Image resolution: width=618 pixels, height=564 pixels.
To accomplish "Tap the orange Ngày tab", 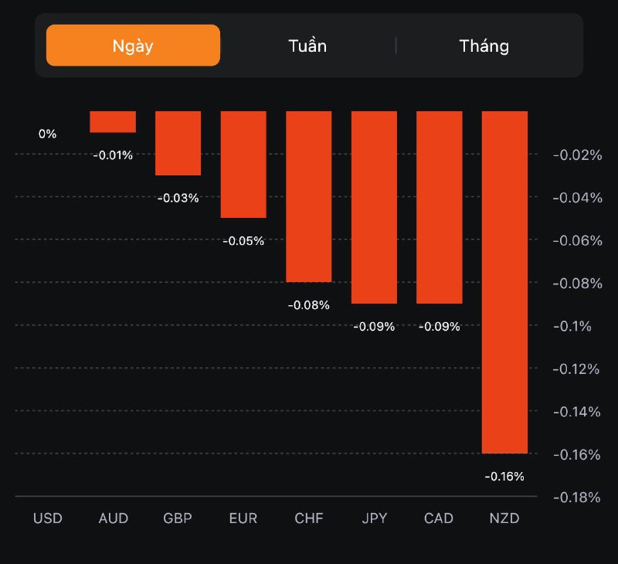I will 133,46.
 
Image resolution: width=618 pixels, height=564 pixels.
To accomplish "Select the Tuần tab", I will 307,46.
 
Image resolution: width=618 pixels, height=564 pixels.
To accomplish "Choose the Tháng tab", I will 484,46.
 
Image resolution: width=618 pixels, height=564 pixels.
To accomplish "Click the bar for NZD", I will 504,282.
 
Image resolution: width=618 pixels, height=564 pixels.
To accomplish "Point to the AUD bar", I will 113,122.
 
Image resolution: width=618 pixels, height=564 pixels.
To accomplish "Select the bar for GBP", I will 178,143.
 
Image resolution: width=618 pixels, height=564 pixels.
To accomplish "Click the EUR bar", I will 243,165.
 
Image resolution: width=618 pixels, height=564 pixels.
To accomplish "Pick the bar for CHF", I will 309,196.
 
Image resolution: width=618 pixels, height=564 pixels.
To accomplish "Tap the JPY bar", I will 374,207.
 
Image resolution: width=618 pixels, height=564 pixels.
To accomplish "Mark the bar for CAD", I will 440,207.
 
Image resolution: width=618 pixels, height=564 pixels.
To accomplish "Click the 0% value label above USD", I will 48,134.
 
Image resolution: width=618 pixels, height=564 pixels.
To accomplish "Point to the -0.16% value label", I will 504,476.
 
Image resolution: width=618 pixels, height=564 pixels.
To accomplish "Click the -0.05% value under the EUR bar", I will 243,241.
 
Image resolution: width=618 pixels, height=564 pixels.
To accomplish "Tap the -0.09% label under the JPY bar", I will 374,327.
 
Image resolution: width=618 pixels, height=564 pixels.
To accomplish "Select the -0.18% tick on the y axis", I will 576,497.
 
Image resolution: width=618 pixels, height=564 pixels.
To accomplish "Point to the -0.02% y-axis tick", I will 576,155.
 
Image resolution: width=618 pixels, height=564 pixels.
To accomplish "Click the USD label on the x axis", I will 48,518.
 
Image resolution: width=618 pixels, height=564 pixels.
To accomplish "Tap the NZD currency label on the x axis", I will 504,518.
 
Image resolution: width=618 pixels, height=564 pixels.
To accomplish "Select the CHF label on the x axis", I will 309,518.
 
